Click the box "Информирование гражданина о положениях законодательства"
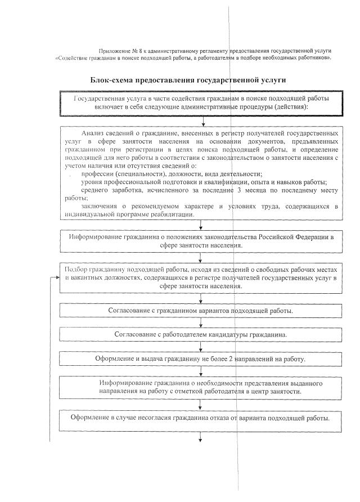(x=201, y=241)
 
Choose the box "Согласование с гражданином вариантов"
(x=201, y=310)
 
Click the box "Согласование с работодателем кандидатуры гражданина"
(x=201, y=334)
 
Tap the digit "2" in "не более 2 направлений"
(x=231, y=358)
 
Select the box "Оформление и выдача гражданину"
(x=201, y=358)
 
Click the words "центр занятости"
(x=276, y=391)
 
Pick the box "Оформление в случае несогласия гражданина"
(x=201, y=419)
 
